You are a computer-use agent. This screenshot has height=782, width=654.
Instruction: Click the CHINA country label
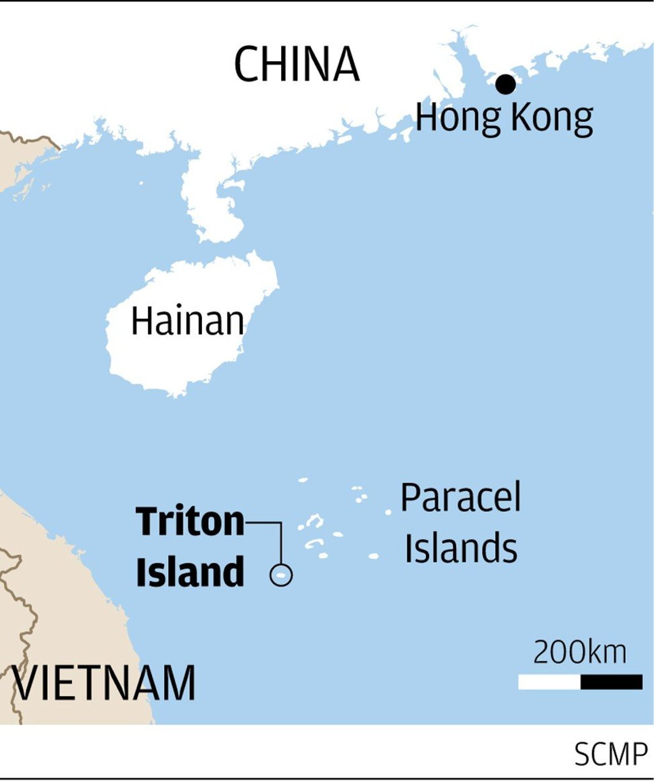pyautogui.click(x=296, y=64)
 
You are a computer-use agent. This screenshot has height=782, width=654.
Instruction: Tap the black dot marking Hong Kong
pyautogui.click(x=505, y=84)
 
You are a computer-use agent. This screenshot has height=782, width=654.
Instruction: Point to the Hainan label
pyautogui.click(x=187, y=320)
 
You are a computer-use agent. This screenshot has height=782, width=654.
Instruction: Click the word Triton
pyautogui.click(x=190, y=522)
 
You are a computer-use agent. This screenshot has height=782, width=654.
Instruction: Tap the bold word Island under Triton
pyautogui.click(x=190, y=571)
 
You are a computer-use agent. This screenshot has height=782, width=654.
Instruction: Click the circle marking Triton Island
pyautogui.click(x=281, y=575)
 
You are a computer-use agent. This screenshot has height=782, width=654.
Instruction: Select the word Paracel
pyautogui.click(x=460, y=497)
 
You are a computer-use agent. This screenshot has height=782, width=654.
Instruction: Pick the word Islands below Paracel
pyautogui.click(x=460, y=548)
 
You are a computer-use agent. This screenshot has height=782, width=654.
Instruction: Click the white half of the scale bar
pyautogui.click(x=549, y=682)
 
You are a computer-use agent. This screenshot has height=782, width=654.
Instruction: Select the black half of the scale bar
pyautogui.click(x=611, y=682)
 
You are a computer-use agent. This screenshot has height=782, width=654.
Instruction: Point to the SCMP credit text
pyautogui.click(x=611, y=755)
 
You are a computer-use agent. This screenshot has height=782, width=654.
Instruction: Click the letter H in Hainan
pyautogui.click(x=141, y=320)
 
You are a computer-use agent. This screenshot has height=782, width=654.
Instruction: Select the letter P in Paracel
pyautogui.click(x=411, y=497)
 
